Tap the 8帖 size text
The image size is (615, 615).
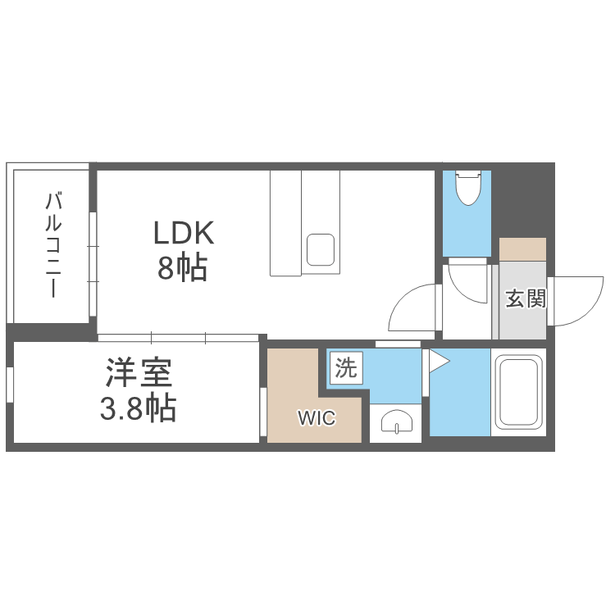(182, 268)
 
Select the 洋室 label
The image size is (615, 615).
(138, 374)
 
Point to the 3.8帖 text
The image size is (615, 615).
(138, 408)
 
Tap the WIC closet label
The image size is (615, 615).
(316, 418)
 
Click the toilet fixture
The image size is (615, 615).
(467, 188)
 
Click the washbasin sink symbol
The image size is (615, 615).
(395, 424)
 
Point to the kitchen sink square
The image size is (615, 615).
(320, 249)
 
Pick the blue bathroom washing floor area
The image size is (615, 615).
(459, 394)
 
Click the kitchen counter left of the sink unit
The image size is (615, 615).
(285, 223)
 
